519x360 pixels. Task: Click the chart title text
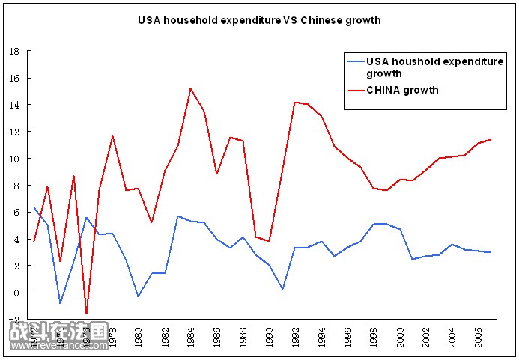point(259,20)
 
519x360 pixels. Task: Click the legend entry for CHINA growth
point(402,90)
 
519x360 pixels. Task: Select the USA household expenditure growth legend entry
point(434,67)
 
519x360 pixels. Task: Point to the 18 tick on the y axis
point(14,52)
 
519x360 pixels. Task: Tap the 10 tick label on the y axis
point(14,159)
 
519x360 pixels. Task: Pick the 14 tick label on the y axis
point(14,105)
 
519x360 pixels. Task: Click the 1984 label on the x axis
point(191,333)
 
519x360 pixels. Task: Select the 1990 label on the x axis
point(270,333)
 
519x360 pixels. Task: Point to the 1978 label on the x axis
point(112,333)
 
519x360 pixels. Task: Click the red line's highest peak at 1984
point(191,89)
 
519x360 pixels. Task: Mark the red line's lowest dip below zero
point(86,314)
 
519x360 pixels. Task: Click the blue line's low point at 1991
point(283,289)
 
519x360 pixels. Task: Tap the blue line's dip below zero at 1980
point(138,296)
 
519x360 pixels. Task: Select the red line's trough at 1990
point(270,241)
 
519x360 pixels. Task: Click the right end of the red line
point(491,139)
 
